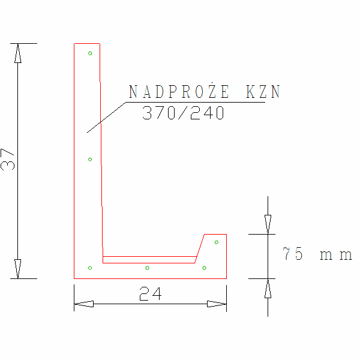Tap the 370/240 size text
pyautogui.click(x=184, y=113)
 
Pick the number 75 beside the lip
pyautogui.click(x=293, y=254)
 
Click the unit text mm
pyautogui.click(x=335, y=255)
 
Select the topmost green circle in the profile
pyautogui.click(x=90, y=53)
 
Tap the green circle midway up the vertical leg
pyautogui.click(x=90, y=159)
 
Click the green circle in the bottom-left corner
pyautogui.click(x=90, y=267)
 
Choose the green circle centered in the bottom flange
pyautogui.click(x=147, y=267)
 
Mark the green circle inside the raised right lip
pyautogui.click(x=216, y=242)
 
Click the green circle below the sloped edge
pyautogui.click(x=204, y=268)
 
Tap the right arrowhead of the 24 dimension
pyautogui.click(x=217, y=304)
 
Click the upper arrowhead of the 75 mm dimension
pyautogui.click(x=268, y=224)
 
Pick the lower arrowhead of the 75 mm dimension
pyautogui.click(x=268, y=289)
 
